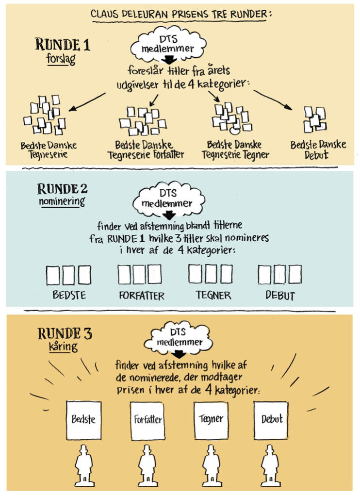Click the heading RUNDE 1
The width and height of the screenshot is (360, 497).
pos(63,45)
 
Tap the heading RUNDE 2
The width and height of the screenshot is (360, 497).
pos(63,188)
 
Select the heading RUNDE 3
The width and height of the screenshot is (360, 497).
pos(65,334)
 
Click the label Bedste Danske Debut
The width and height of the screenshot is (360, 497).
pos(318,150)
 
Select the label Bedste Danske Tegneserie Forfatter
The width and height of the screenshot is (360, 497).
pos(149,150)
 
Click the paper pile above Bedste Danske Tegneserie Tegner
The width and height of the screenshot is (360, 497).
pos(231,118)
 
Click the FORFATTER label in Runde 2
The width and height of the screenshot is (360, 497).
pos(142,295)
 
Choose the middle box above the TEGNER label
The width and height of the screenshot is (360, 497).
pos(211,274)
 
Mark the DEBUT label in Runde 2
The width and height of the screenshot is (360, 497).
pos(280,295)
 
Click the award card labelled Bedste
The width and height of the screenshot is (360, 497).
pos(83,419)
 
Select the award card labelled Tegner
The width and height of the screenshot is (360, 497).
pos(211,419)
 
